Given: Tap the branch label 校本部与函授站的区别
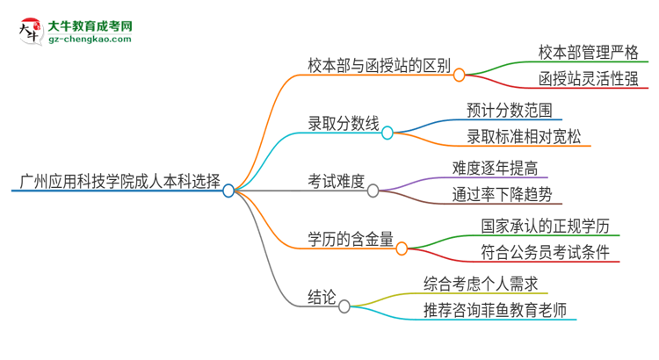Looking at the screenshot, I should (x=380, y=65).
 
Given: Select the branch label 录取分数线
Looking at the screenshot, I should (x=344, y=125).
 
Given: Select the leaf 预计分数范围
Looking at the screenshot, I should (x=510, y=111).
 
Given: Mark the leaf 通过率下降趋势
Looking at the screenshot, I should (x=502, y=196).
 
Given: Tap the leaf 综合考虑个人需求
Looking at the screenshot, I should (x=480, y=283).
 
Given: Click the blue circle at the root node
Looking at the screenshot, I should (x=229, y=191).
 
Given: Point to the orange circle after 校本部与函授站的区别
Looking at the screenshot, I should (x=459, y=75).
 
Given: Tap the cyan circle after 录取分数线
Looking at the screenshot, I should (x=387, y=133).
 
